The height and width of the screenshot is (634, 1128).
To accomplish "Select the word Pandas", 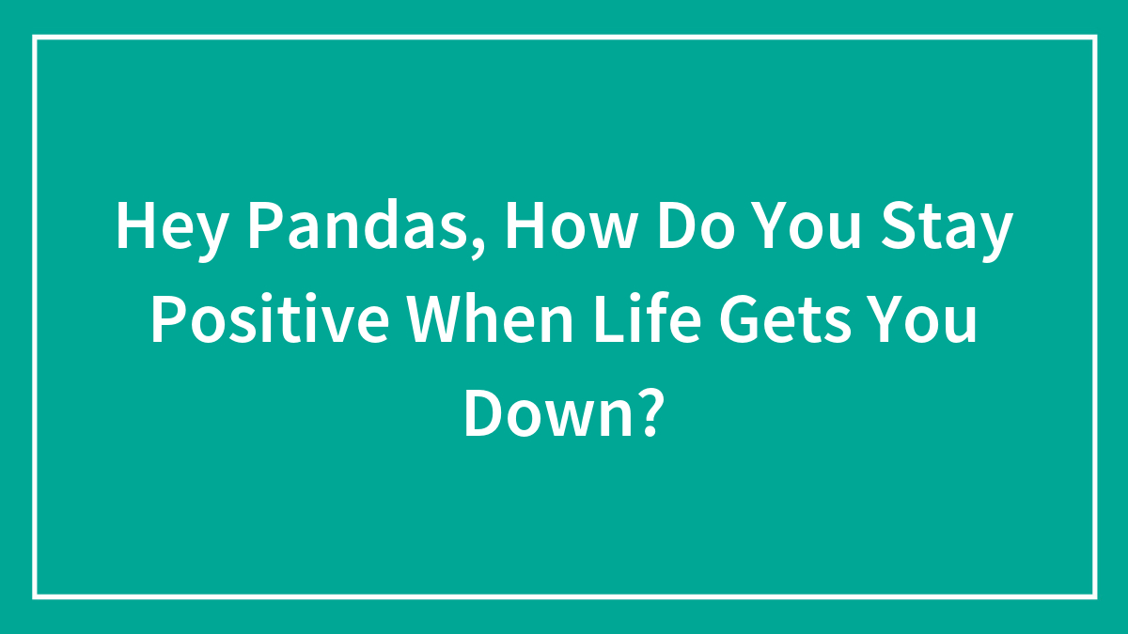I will [x=346, y=228].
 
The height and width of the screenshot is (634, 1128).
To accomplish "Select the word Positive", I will [x=270, y=321].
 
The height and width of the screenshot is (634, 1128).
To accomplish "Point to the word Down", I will [x=545, y=413].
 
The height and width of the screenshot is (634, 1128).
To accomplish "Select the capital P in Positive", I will [x=166, y=321].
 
